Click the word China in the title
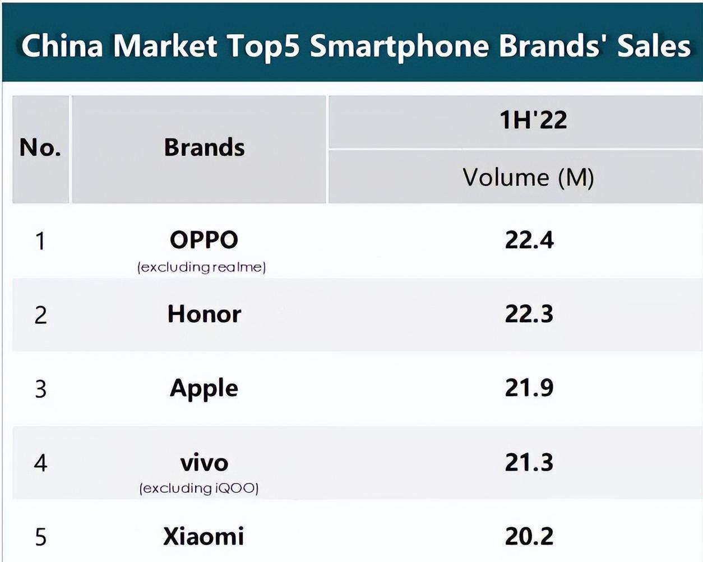click(x=62, y=46)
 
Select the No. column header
click(x=40, y=148)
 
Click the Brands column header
click(x=204, y=148)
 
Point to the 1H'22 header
click(x=533, y=120)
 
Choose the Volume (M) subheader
click(x=528, y=178)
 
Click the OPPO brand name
click(x=204, y=240)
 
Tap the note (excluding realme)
click(x=202, y=267)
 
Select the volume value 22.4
click(x=529, y=240)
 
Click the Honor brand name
click(x=204, y=314)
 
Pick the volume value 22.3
click(x=529, y=314)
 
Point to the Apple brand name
click(x=204, y=388)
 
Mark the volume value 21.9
click(x=529, y=388)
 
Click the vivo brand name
click(x=204, y=463)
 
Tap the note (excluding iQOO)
click(x=199, y=489)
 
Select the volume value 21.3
click(x=529, y=463)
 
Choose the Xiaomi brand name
click(x=203, y=537)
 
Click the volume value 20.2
click(x=529, y=537)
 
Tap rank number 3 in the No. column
click(x=40, y=389)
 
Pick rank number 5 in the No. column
click(x=40, y=537)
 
